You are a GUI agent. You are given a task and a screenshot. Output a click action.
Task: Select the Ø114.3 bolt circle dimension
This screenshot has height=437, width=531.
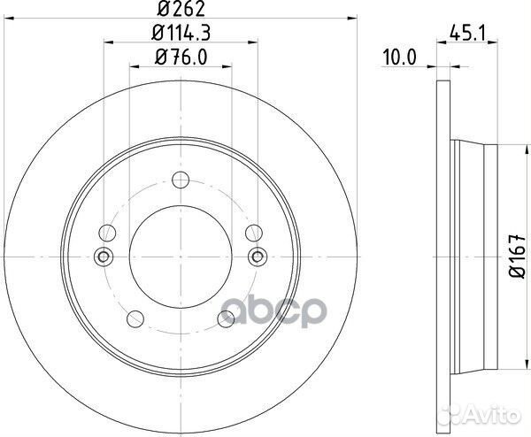pos(181,35)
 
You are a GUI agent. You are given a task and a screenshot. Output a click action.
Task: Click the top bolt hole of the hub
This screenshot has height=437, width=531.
pos(181,175)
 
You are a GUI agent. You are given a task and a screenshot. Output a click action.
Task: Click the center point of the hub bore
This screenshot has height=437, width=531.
pos(181,257)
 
